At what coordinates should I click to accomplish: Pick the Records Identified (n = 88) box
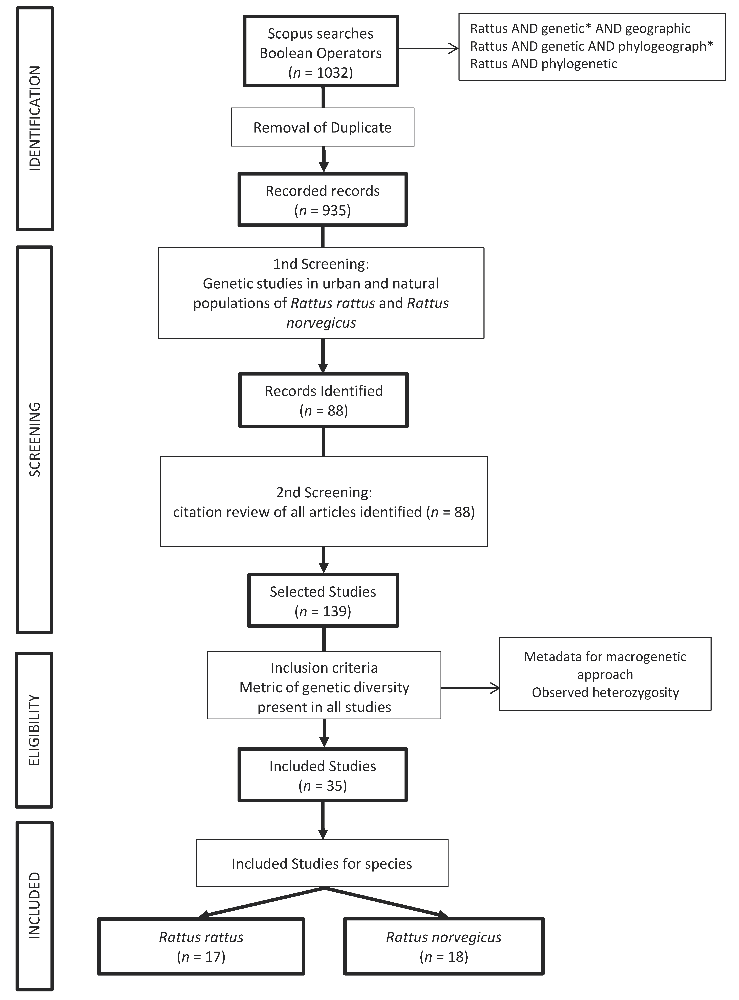tap(323, 400)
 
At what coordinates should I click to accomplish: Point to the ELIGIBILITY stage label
tap(34, 730)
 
